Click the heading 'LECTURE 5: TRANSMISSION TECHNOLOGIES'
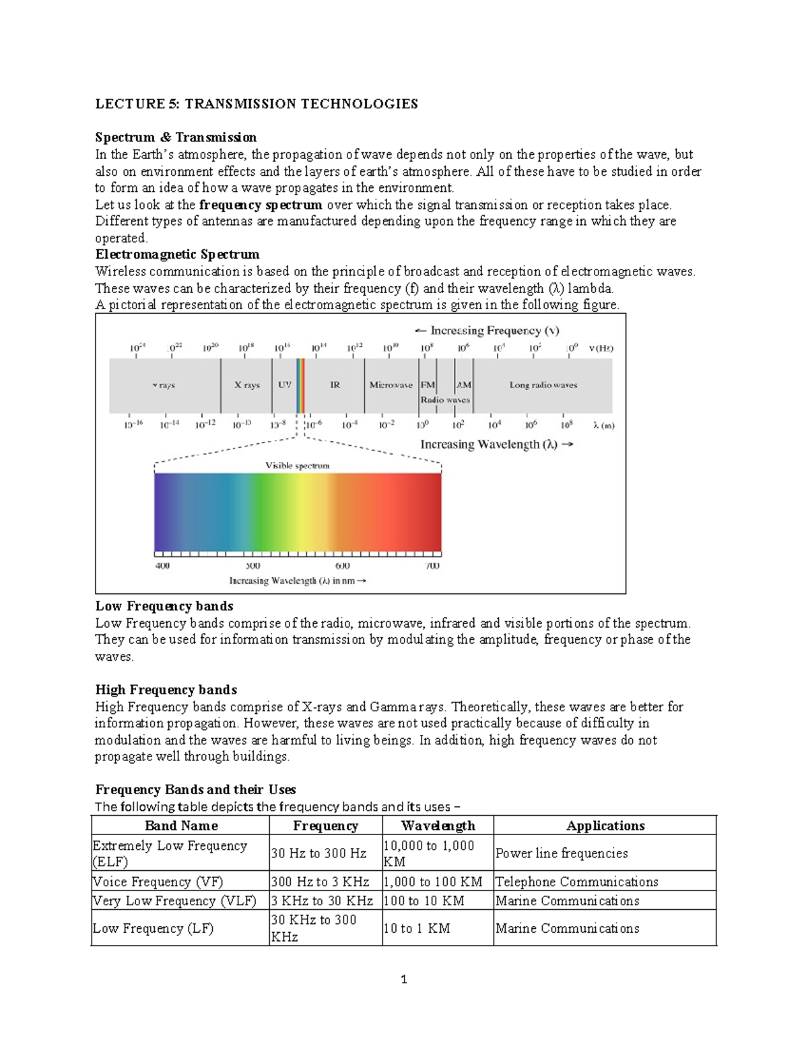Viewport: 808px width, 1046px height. (257, 104)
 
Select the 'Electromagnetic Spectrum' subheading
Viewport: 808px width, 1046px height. (177, 255)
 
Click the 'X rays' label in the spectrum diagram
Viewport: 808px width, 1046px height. (246, 385)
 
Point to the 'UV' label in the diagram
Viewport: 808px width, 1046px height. (285, 385)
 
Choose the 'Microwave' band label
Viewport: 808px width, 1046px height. (391, 385)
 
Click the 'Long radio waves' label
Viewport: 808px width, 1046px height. (543, 385)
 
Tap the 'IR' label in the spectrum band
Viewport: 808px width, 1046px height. (335, 385)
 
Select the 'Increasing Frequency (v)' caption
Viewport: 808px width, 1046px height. (487, 331)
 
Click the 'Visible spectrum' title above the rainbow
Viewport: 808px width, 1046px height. (297, 465)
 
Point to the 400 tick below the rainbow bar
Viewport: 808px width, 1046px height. (162, 566)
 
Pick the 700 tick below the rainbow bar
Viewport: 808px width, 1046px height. (432, 566)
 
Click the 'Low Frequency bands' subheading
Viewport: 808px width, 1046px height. (164, 606)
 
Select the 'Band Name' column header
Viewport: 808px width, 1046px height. (181, 826)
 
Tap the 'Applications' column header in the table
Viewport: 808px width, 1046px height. (605, 826)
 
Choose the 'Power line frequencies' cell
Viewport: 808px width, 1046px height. (562, 853)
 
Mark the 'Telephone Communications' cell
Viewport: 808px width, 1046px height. (576, 882)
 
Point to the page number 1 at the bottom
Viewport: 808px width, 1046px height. (404, 980)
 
